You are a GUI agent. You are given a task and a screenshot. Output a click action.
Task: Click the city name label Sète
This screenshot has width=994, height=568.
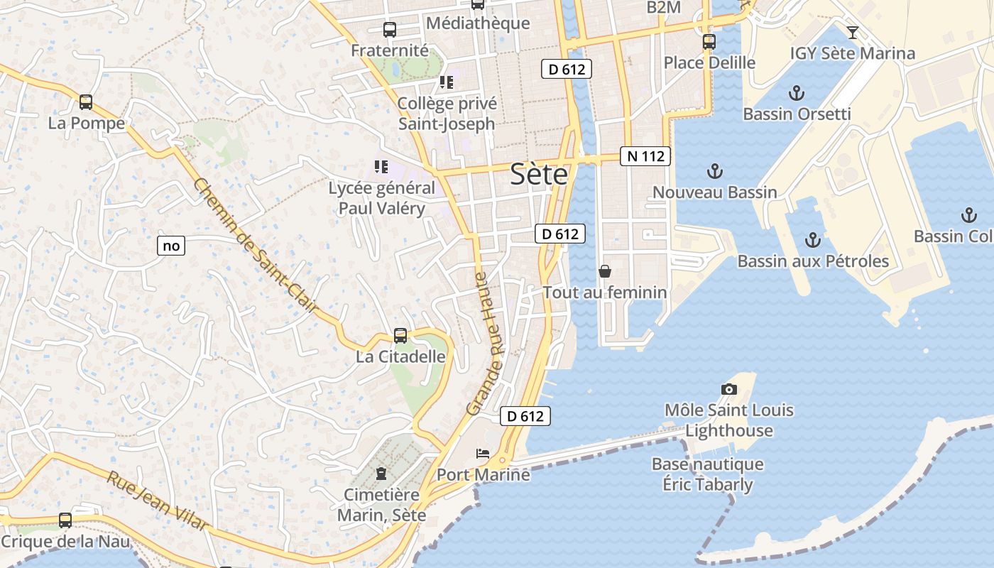540,175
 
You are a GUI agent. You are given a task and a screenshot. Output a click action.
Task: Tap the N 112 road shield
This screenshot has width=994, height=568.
645,156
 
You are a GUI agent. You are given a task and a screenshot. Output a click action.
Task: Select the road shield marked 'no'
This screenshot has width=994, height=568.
171,246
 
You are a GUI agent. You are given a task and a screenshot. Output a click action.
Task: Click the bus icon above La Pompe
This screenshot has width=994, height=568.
86,102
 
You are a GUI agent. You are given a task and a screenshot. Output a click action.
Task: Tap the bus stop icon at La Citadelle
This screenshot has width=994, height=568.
400,336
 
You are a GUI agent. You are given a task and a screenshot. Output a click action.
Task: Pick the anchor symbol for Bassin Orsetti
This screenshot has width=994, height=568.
797,93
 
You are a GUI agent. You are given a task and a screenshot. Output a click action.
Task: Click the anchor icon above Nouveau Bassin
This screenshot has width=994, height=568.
715,171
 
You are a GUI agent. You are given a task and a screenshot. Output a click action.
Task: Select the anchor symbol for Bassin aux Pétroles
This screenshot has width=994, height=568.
813,240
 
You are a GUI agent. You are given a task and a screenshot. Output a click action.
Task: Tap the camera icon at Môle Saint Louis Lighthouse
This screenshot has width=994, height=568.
729,389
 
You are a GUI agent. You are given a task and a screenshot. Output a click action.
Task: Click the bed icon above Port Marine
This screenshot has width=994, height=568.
484,453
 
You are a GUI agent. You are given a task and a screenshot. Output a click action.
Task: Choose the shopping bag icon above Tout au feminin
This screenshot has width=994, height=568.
605,271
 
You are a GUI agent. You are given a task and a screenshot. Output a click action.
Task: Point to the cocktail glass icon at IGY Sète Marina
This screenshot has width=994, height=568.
853,32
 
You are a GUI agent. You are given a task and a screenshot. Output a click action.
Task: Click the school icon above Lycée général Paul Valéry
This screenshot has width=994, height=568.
381,167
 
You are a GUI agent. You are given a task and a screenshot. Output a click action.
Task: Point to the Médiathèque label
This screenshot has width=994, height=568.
477,23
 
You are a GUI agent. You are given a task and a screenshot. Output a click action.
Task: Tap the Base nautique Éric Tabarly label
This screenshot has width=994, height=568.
707,474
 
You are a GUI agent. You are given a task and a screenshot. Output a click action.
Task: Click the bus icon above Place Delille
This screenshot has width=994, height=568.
709,42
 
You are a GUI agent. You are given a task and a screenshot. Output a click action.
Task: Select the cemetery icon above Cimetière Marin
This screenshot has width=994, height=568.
381,474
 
